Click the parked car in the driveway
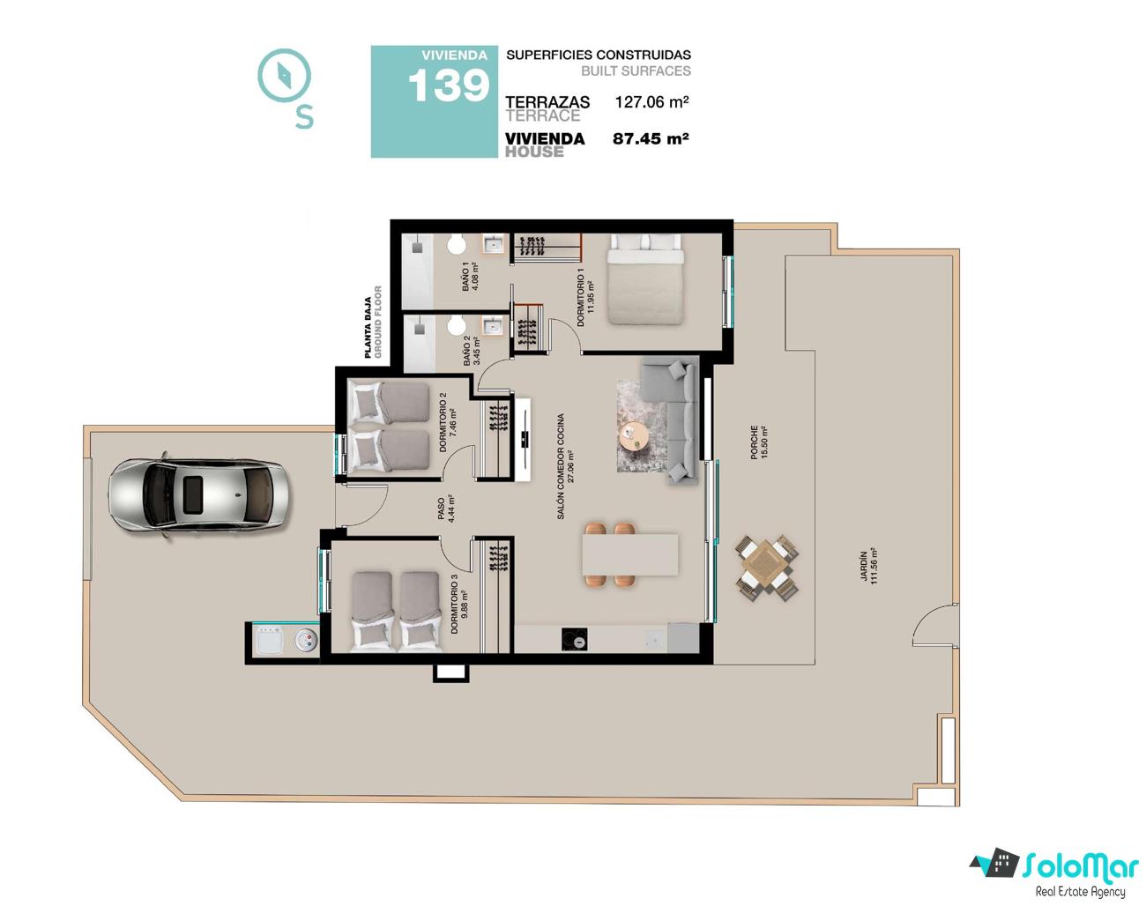[198, 495]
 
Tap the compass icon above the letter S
[284, 76]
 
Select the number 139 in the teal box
[449, 86]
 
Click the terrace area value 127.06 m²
[651, 101]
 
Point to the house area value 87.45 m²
[651, 138]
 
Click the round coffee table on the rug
[633, 436]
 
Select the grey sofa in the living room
[673, 420]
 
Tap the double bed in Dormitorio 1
[645, 278]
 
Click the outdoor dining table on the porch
[766, 568]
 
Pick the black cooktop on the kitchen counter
[574, 639]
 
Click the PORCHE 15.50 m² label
[758, 442]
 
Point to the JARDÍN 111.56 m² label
[868, 567]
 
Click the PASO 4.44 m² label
[446, 509]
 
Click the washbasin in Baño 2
[493, 325]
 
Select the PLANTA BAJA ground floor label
[372, 322]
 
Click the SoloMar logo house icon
[993, 861]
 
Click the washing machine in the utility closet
[270, 641]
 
